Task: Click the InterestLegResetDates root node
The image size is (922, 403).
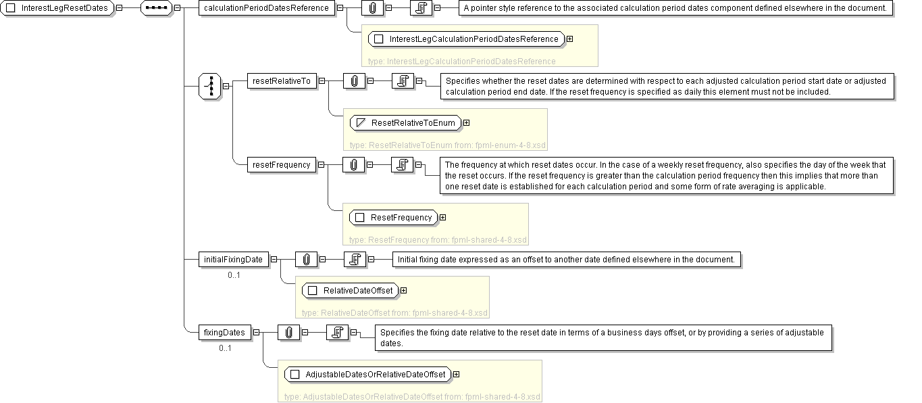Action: click(59, 8)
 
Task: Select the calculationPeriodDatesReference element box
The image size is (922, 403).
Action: click(266, 8)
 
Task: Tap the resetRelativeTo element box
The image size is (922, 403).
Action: click(281, 81)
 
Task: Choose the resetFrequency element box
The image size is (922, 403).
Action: click(281, 164)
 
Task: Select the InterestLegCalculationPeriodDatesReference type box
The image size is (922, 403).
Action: click(467, 39)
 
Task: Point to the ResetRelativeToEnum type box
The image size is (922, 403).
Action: click(406, 123)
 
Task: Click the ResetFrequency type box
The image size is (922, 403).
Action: click(393, 218)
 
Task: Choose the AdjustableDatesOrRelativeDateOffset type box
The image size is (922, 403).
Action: click(367, 375)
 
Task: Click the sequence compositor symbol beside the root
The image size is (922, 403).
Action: click(158, 8)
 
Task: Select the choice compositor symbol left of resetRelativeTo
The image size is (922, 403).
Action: click(210, 86)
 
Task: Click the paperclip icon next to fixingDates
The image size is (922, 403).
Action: click(288, 332)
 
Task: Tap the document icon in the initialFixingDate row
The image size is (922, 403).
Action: click(354, 259)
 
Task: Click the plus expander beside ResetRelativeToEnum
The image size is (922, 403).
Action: click(466, 123)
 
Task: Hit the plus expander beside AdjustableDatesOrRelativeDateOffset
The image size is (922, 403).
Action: click(457, 375)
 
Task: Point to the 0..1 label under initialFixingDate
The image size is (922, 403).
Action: click(234, 275)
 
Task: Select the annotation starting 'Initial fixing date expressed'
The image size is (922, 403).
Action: click(569, 259)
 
